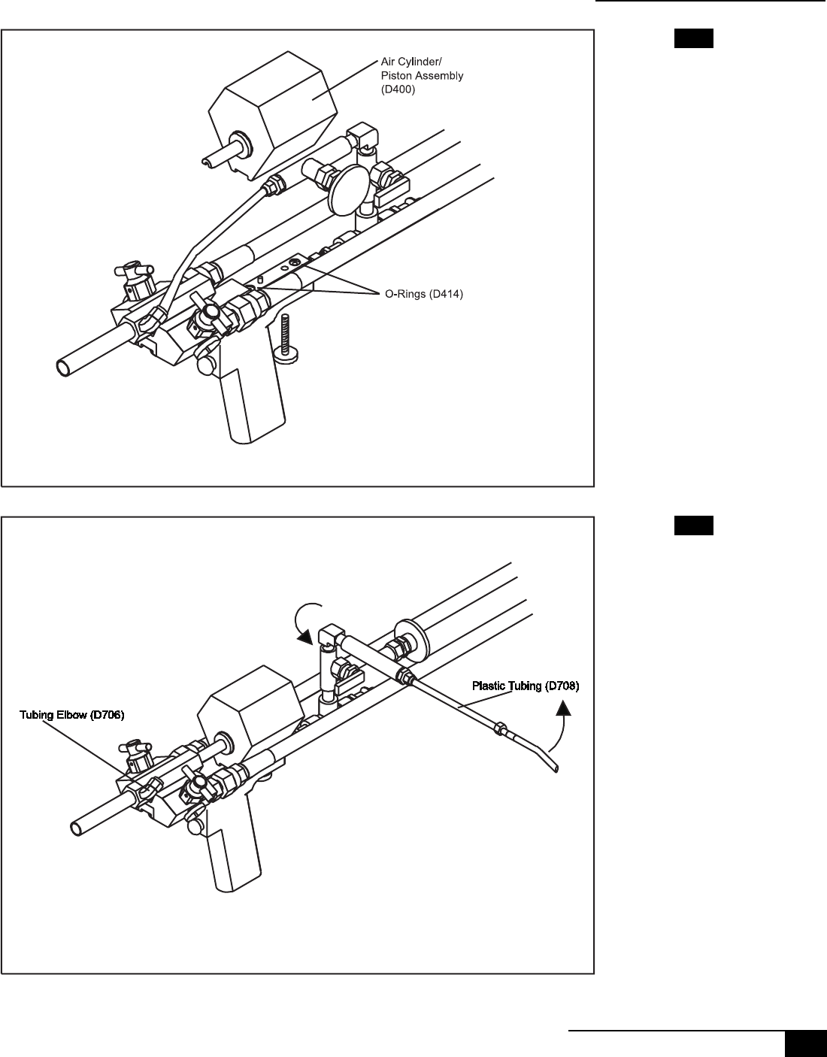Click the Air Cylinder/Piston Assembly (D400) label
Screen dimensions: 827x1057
click(421, 75)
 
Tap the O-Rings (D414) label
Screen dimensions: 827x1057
click(420, 295)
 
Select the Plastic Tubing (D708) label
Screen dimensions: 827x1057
click(526, 686)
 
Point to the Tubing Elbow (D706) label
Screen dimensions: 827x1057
click(71, 715)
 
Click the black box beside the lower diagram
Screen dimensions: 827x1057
click(692, 525)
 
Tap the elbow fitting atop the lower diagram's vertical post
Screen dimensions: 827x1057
click(329, 635)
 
